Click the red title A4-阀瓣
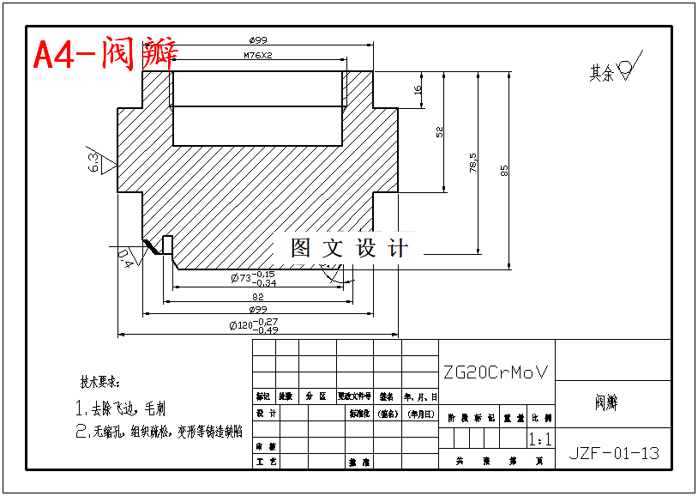(105, 54)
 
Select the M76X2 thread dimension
(257, 56)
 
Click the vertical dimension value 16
(418, 89)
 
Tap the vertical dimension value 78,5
(473, 163)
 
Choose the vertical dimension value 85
(505, 170)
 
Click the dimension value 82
(258, 296)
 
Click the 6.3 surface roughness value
(93, 161)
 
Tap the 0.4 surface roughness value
(125, 257)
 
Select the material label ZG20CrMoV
(495, 372)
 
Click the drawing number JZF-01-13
(614, 453)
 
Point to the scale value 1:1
(540, 440)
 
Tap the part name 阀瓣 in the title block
(606, 402)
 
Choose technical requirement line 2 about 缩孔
(159, 431)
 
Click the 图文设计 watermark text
(350, 249)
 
